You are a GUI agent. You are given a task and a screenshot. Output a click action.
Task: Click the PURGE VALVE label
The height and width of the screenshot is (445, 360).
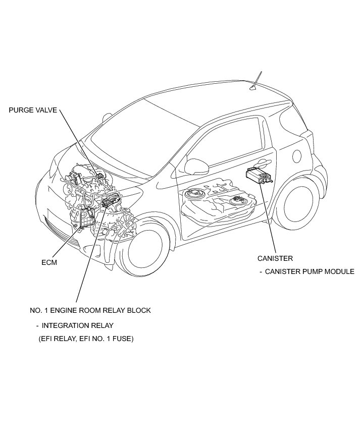(x=33, y=110)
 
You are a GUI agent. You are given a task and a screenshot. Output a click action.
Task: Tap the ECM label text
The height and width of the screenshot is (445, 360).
(x=49, y=262)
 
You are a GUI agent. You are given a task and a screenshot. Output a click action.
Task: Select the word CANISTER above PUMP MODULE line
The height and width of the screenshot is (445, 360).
(x=275, y=258)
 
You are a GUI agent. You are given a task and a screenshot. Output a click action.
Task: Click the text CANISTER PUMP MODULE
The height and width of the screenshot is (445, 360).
(x=310, y=271)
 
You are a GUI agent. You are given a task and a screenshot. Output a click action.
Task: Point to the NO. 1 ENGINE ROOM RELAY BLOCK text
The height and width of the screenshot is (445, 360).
(x=90, y=310)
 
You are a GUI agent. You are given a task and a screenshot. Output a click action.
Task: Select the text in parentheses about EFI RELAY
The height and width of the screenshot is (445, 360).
(x=86, y=339)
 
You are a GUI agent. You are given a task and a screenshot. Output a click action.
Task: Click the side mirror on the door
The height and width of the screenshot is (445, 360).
(x=193, y=165)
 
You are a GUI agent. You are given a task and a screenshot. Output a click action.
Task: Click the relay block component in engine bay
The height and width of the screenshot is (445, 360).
(x=109, y=202)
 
